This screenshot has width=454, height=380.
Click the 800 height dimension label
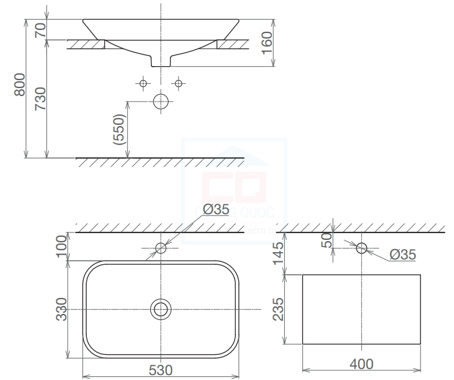tap(20, 84)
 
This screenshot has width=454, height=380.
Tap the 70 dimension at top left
tap(40, 30)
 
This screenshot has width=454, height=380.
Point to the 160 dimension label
tap(267, 43)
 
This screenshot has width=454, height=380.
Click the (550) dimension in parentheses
tap(119, 130)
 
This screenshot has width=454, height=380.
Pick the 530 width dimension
tap(160, 370)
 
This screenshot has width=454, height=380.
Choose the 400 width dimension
tap(361, 365)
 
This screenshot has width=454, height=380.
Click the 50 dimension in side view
tap(327, 240)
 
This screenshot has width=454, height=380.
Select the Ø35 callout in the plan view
tap(216, 209)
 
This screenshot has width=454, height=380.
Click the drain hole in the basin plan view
tap(161, 309)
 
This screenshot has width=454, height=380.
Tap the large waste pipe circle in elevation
tap(161, 102)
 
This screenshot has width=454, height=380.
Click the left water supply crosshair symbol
tap(142, 83)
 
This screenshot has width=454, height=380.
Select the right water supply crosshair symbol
tap(178, 83)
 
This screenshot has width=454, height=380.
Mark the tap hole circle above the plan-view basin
tap(161, 248)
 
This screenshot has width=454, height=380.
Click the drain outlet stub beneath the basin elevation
tap(161, 61)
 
